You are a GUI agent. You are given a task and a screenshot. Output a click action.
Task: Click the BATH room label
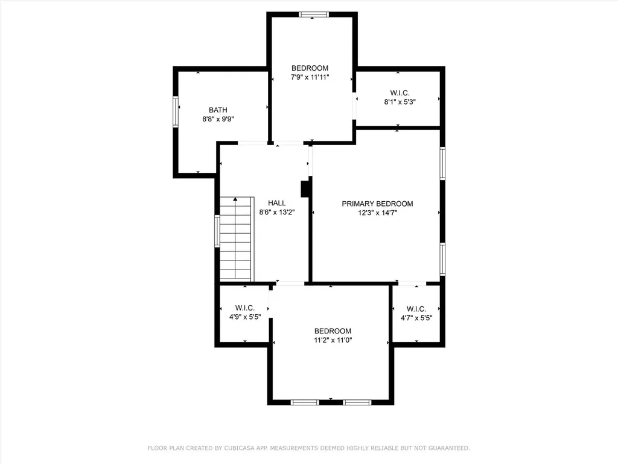pos(218,110)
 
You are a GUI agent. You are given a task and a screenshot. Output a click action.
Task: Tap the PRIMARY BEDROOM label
pos(377,204)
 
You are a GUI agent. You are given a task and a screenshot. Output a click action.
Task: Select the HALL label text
pos(276,203)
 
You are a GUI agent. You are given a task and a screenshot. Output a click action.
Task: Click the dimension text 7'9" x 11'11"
pos(310,77)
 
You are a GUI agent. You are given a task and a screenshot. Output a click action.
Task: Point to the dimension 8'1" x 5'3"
pos(400,101)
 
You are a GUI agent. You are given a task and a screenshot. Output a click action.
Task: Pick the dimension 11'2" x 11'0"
pos(333,340)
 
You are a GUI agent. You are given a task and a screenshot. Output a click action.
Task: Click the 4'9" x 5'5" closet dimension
pos(245,317)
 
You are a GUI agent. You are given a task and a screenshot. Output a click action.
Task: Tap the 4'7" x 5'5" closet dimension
pos(416,318)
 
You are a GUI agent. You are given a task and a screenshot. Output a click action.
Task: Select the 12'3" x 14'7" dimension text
pos(377,213)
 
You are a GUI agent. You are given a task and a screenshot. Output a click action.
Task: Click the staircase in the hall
pos(235,239)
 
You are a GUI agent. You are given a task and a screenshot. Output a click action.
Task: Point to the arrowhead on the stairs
pos(235,199)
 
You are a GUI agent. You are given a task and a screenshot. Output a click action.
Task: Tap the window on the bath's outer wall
pos(176,112)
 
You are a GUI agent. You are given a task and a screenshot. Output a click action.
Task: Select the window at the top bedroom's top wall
pos(313,14)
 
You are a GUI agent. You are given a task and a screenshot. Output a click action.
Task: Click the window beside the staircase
pos(217,231)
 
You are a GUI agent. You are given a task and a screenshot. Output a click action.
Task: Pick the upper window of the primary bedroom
pos(442,163)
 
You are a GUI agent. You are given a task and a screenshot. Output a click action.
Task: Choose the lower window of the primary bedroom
pos(442,259)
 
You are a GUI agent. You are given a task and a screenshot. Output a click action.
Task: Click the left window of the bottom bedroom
pos(305,402)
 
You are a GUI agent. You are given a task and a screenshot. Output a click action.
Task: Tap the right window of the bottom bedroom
pos(357,402)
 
